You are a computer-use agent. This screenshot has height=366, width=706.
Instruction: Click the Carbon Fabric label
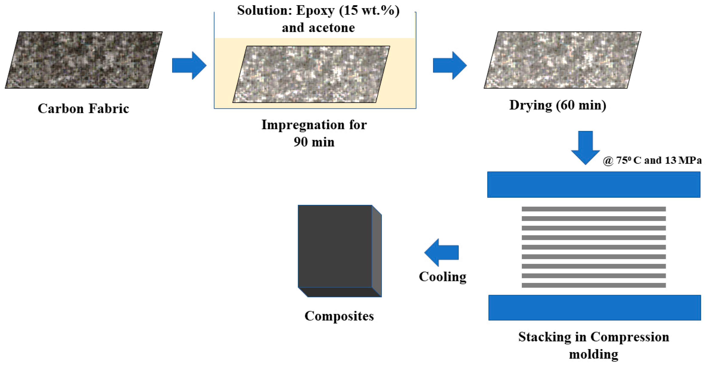[x=83, y=108]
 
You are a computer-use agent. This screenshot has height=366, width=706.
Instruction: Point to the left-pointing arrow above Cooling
[x=441, y=252]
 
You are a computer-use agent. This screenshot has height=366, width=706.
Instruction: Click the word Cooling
[x=443, y=277]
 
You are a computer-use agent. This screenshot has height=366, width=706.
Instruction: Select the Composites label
[x=339, y=316]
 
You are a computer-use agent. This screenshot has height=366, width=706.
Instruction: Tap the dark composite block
[x=335, y=247]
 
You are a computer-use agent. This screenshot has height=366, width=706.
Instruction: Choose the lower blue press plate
[x=594, y=307]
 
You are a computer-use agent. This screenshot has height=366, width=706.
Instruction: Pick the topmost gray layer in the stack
[x=594, y=209]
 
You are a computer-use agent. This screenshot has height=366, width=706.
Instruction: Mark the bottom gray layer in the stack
[x=594, y=285]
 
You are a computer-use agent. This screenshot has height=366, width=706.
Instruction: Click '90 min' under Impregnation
[x=314, y=142]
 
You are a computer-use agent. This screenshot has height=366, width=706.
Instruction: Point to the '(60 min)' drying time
[x=581, y=105]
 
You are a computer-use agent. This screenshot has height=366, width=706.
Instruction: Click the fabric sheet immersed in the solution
[x=311, y=74]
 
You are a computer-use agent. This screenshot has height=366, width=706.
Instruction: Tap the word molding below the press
[x=594, y=354]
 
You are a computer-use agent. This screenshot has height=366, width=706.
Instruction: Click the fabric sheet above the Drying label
[x=562, y=60]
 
